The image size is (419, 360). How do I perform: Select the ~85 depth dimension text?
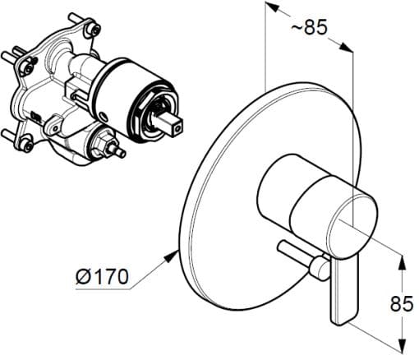click(310, 29)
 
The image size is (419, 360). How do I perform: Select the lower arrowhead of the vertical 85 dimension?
click(402, 345)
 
